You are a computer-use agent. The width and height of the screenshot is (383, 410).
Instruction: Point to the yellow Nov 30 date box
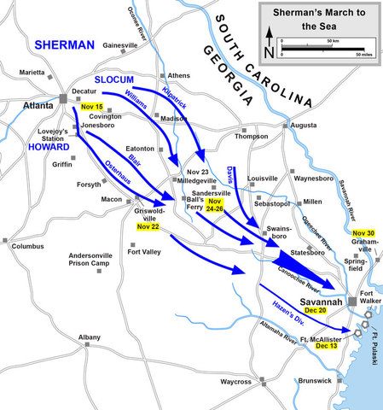(x=363, y=233)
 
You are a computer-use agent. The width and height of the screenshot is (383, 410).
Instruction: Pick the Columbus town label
(x=28, y=247)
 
